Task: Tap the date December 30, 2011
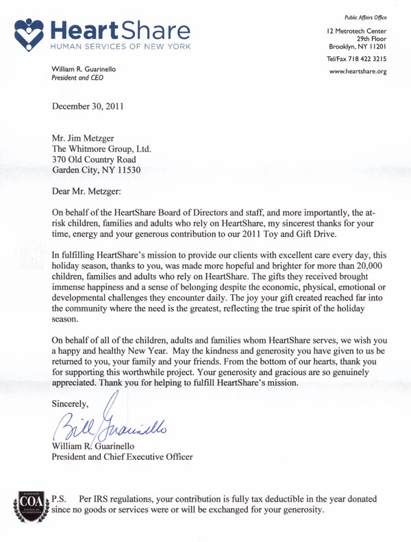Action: coord(88,105)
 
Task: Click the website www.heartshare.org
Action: coord(358,72)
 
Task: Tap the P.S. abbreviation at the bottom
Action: coord(60,498)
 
